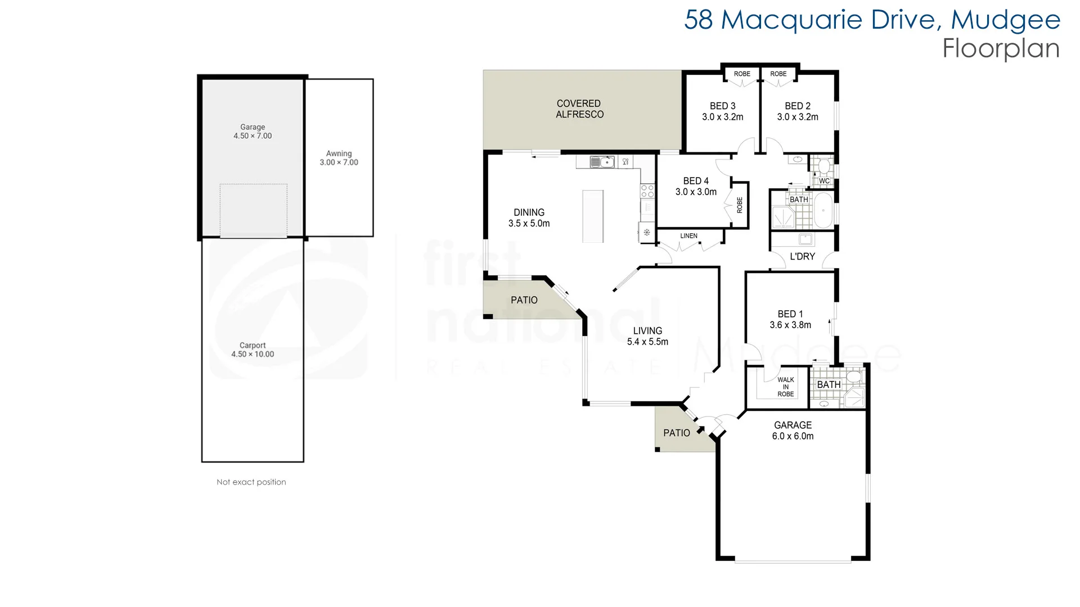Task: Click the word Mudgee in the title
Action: [x=1005, y=20]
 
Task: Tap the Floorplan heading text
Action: [x=1001, y=48]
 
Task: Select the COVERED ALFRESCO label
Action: [x=579, y=109]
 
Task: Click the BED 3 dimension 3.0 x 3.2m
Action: [x=722, y=117]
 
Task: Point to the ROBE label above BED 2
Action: [x=778, y=74]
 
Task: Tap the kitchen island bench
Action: [x=593, y=216]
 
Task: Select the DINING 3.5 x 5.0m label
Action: [x=529, y=218]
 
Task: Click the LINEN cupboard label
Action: [x=688, y=236]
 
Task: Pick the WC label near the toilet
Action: [x=824, y=181]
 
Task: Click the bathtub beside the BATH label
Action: [x=823, y=211]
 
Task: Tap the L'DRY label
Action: [x=802, y=257]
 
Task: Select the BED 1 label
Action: [x=790, y=314]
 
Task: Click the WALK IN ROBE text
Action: [x=785, y=387]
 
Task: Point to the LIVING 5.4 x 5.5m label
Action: [x=647, y=336]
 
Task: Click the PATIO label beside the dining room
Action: [x=524, y=300]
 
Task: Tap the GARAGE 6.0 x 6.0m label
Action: [x=793, y=431]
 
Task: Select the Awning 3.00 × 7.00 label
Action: [x=339, y=158]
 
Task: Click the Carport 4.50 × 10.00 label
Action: [x=253, y=350]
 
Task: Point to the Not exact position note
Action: [x=251, y=482]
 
